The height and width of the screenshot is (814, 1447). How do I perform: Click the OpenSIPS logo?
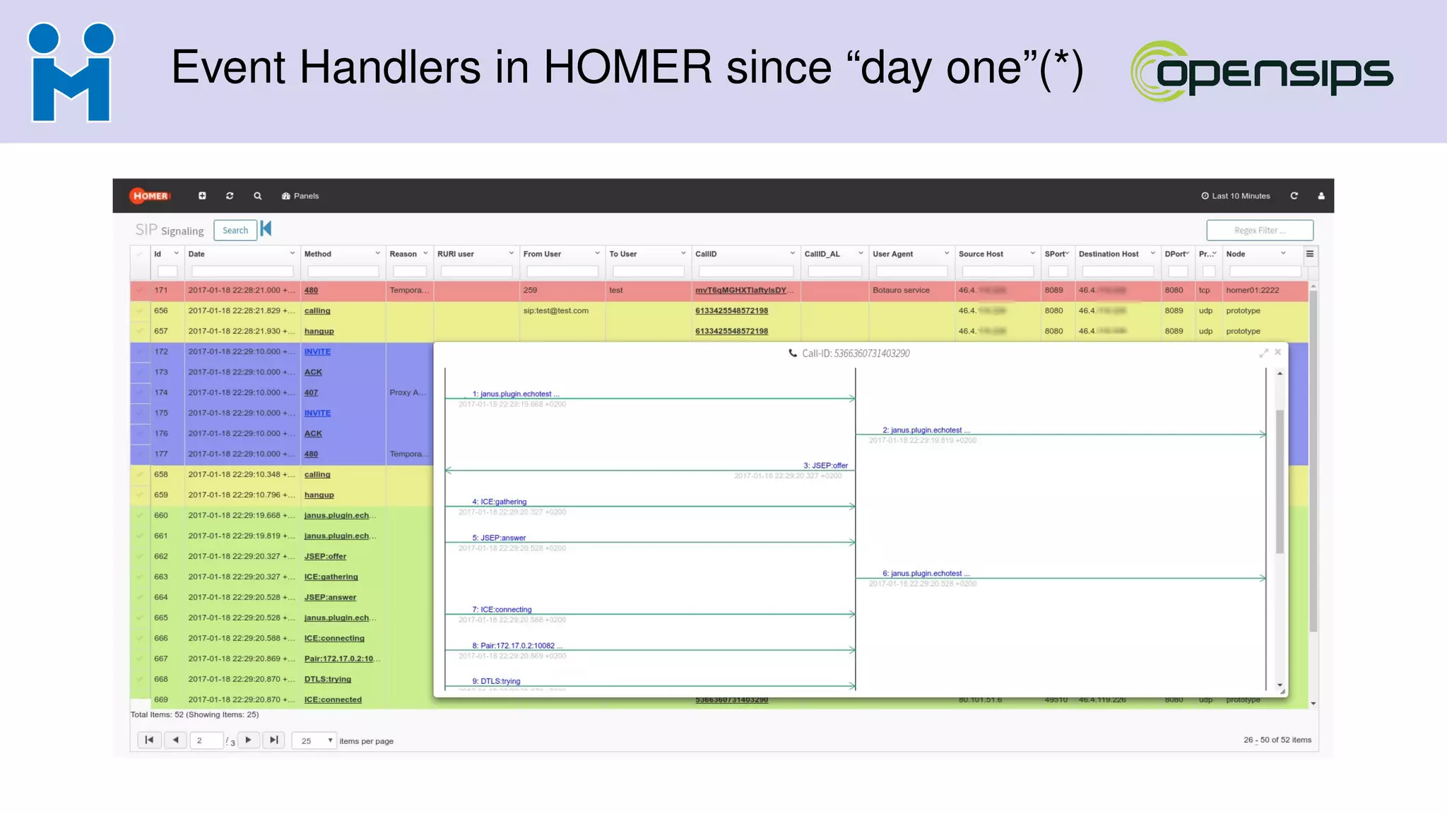coord(1261,71)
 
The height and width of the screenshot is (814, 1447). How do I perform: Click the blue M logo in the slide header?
coord(71,73)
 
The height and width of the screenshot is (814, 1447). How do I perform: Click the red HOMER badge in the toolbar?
coord(150,196)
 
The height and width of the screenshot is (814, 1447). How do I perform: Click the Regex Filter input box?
coord(1259,230)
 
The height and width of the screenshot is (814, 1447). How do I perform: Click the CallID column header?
coord(706,254)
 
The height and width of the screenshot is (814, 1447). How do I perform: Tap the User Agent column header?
coord(892,254)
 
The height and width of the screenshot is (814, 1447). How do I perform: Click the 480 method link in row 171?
coord(311,290)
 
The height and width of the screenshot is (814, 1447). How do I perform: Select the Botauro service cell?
coord(901,290)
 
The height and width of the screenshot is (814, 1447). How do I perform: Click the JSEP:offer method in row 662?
coord(325,557)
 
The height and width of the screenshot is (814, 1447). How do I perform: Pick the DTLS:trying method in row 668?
coord(327,680)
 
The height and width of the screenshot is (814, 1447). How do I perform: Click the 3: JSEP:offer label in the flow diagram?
coord(825,466)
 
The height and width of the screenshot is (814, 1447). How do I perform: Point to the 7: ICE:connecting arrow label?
coord(502,610)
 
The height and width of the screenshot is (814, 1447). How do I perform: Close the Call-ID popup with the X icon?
coord(1277,352)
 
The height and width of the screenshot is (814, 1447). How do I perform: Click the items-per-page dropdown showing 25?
coord(314,741)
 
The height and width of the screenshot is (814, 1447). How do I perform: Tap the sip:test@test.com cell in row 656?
coord(555,311)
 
